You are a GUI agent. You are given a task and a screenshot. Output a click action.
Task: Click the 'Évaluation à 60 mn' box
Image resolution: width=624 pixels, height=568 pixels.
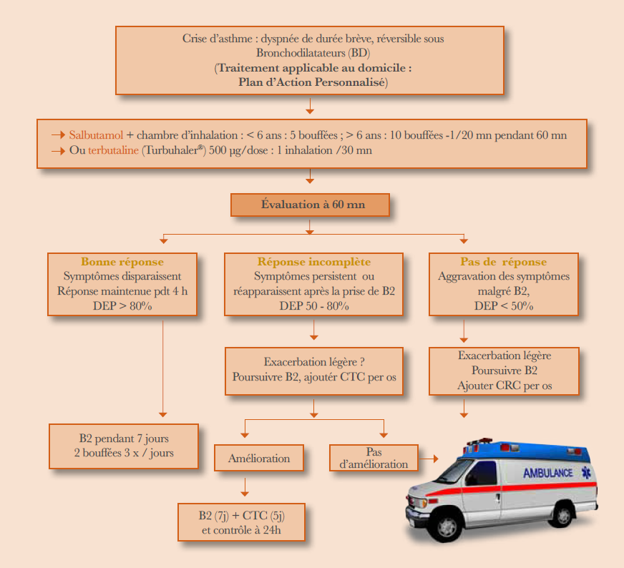point(310,205)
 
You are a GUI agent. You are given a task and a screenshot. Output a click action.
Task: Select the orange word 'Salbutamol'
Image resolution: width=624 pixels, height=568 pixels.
point(97,134)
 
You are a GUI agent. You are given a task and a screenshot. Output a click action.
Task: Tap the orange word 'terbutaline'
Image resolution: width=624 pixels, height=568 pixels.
point(113,150)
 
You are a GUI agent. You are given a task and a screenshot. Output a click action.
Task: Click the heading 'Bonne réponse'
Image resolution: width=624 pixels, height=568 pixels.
point(122,262)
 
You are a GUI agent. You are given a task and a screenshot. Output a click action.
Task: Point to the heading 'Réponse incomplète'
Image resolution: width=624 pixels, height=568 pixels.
point(313,262)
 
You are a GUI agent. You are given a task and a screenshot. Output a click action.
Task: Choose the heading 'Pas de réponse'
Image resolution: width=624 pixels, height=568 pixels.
point(504,262)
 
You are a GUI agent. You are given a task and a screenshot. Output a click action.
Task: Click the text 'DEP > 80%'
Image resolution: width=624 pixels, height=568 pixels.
point(122,305)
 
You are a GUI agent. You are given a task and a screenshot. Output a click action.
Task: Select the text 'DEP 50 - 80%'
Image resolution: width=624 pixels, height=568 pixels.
point(313,305)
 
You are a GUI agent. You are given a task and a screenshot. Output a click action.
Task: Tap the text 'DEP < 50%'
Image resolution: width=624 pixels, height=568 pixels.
point(504,305)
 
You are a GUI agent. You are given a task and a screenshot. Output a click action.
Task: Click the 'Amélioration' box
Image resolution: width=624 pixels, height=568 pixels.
point(259,458)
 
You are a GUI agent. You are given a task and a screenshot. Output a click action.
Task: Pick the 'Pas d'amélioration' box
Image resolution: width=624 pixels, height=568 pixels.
point(374,458)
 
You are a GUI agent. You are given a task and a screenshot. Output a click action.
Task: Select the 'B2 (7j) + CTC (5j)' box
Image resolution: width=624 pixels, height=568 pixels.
point(242,522)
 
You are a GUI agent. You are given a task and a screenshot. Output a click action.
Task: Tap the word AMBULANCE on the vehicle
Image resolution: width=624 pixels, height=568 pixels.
point(547,473)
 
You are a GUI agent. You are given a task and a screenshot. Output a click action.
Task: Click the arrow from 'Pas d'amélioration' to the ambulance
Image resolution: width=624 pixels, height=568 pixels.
point(428,458)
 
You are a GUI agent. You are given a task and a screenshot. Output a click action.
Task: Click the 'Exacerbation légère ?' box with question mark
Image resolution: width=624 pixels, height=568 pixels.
point(313,371)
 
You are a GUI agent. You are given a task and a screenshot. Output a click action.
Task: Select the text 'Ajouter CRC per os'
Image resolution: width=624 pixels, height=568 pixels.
point(504,386)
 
